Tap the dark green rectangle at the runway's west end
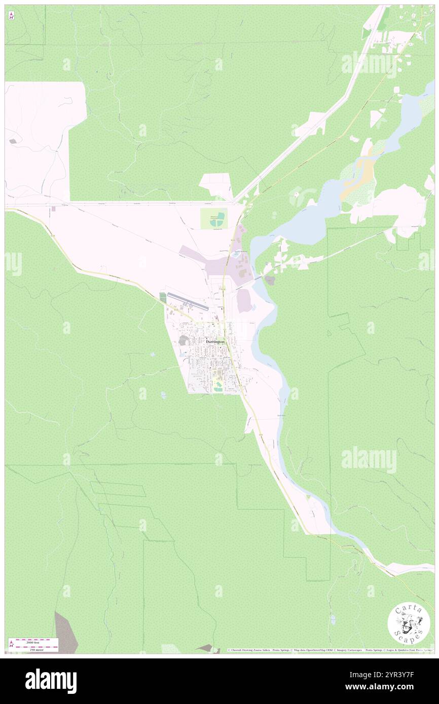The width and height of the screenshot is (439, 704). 162,297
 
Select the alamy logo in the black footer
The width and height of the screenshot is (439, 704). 51,681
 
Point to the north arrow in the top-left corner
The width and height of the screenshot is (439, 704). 11,15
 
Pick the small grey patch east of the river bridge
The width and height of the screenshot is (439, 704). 270,280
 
